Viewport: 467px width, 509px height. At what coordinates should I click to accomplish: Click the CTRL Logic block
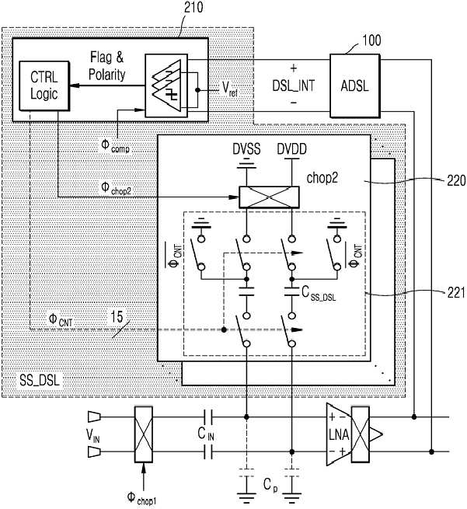[44, 85]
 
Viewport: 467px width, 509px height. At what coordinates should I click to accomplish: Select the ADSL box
[354, 85]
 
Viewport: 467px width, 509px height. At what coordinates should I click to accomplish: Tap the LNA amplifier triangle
[339, 434]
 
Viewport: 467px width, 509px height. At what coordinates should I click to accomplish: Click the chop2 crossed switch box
[269, 197]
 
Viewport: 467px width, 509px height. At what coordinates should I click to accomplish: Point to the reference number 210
[193, 8]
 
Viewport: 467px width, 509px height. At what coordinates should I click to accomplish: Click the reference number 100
[371, 40]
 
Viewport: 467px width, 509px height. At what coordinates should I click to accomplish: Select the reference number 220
[456, 180]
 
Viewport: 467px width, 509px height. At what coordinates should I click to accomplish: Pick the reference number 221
[456, 293]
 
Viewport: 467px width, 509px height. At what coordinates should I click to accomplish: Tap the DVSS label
[246, 149]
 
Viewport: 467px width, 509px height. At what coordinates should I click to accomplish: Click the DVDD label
[291, 149]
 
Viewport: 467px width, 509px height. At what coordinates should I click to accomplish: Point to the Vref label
[230, 89]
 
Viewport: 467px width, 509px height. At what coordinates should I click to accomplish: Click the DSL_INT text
[293, 85]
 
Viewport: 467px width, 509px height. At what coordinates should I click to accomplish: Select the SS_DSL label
[40, 380]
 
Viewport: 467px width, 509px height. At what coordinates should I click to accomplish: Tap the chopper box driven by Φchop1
[144, 434]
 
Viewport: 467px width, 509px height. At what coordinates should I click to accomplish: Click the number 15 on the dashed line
[117, 317]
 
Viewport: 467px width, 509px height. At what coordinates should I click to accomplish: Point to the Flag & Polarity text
[106, 66]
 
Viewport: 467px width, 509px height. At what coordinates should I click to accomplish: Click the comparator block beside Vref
[166, 85]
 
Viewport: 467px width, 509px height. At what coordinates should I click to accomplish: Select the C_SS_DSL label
[319, 294]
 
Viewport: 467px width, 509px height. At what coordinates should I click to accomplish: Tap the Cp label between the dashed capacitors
[270, 486]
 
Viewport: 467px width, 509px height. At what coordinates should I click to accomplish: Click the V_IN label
[92, 436]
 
